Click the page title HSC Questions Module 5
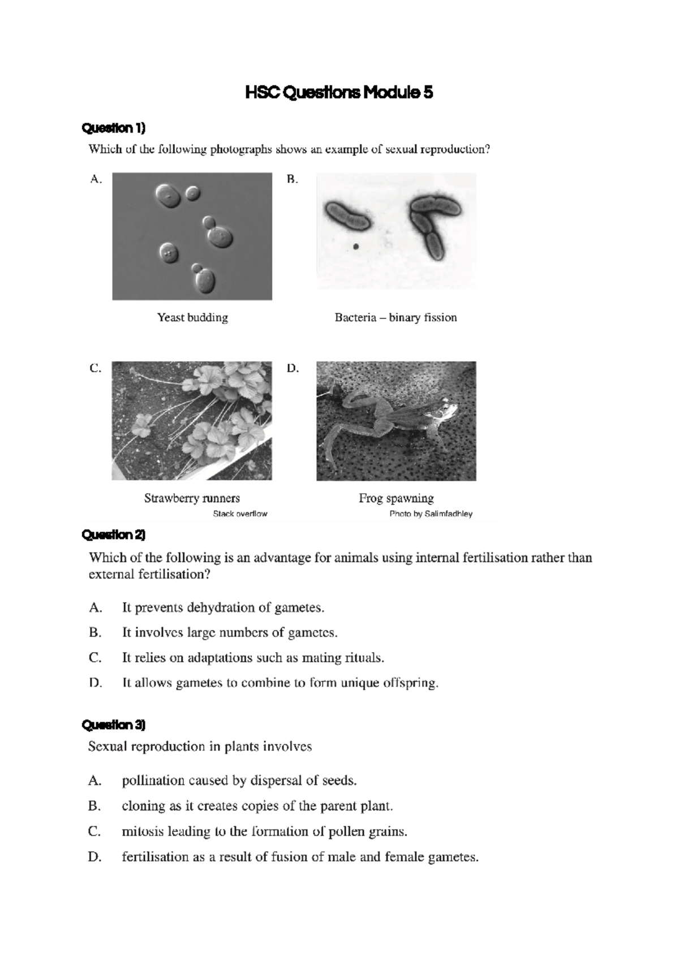(x=339, y=92)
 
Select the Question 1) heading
(x=114, y=128)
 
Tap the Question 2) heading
(x=114, y=534)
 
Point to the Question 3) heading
(x=114, y=724)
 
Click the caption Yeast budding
(x=192, y=317)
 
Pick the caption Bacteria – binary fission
(x=396, y=317)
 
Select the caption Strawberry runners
(x=192, y=498)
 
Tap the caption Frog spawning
(x=396, y=498)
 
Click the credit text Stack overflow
(x=240, y=514)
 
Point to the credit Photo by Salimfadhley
(x=431, y=514)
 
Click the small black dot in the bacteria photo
(x=355, y=246)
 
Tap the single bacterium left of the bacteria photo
(x=347, y=216)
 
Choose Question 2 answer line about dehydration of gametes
(x=223, y=607)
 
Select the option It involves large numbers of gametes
(x=230, y=632)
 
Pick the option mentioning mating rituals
(x=253, y=658)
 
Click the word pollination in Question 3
(x=147, y=781)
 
